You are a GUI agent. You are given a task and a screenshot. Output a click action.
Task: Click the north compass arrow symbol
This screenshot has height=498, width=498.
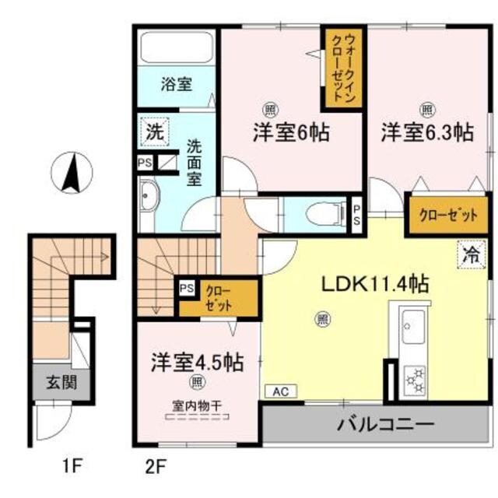pos(72,172)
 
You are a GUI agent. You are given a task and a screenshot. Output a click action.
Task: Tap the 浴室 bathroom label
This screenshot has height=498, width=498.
pos(177,83)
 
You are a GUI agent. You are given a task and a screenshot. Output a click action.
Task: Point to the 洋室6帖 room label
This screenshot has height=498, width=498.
pos(289,132)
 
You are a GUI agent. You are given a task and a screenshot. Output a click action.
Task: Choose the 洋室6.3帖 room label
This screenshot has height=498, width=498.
pos(426,132)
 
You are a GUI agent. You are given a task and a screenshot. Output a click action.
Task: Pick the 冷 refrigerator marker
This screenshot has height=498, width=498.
pos(470,253)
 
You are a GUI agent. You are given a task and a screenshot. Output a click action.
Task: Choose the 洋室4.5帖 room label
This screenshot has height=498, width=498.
pos(196,362)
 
